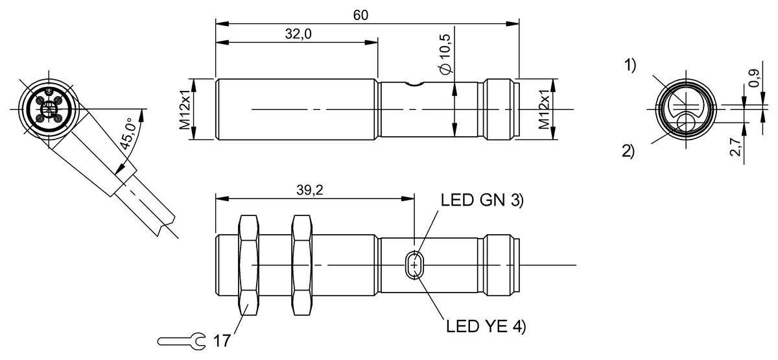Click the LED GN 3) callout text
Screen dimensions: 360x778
(482, 200)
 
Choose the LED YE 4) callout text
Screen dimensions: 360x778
(486, 326)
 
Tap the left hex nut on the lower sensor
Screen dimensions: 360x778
(250, 265)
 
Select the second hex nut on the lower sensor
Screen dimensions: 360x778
(302, 265)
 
